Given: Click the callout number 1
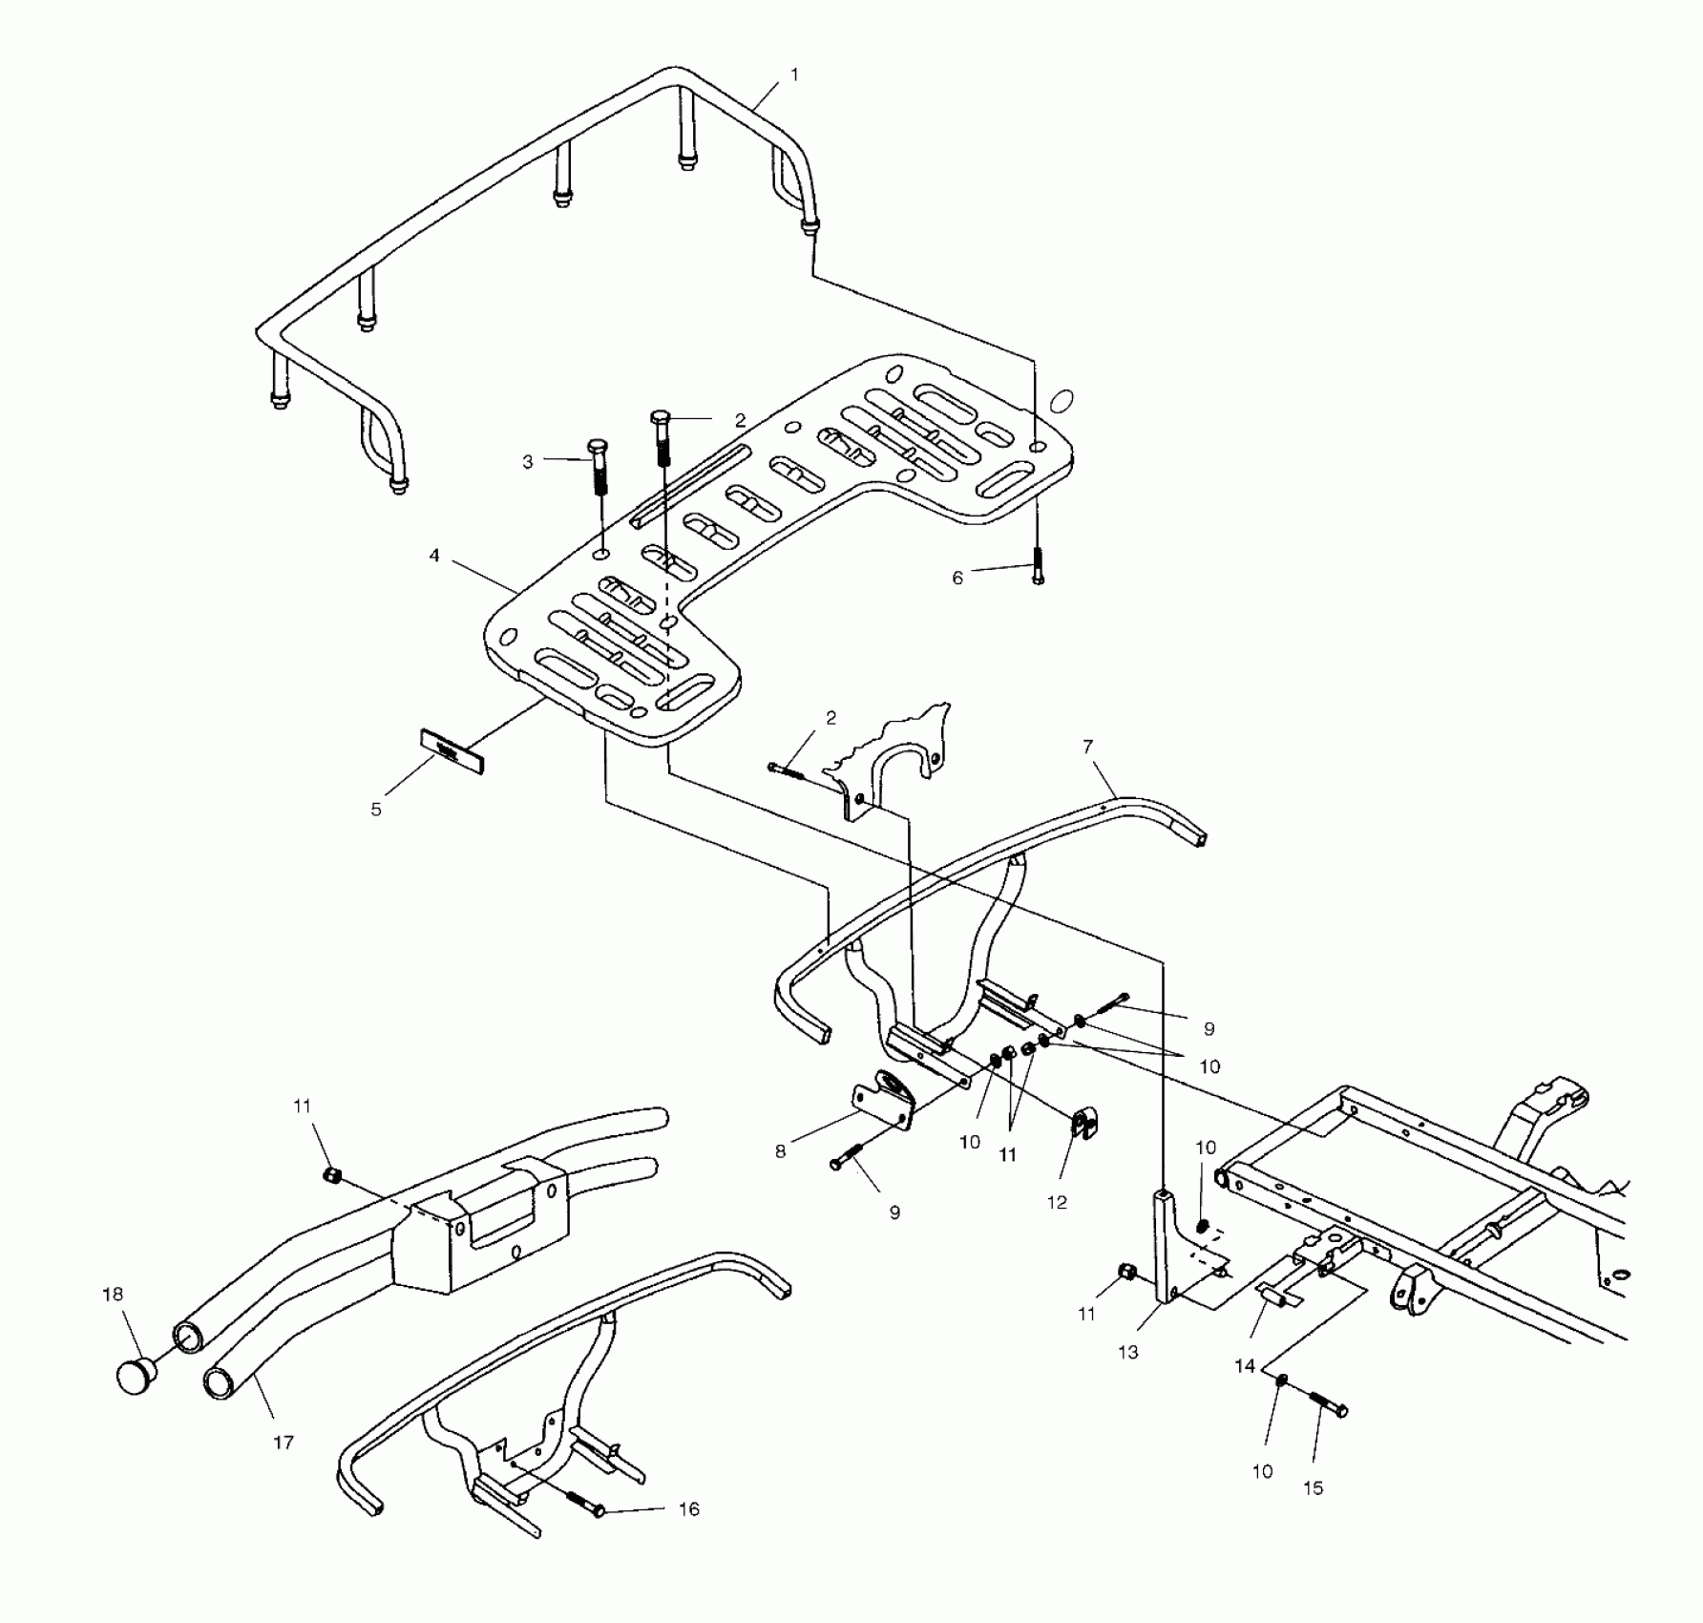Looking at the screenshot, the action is tap(794, 74).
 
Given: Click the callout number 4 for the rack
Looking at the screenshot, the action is tap(434, 555).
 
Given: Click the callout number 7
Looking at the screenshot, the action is tap(1088, 747).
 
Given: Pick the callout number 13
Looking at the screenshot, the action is tap(1128, 1352).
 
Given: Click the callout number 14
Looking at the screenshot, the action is tap(1245, 1366).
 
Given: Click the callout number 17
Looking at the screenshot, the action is tap(284, 1443).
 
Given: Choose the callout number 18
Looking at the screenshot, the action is tap(113, 1294).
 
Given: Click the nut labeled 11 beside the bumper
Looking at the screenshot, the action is tap(333, 1175).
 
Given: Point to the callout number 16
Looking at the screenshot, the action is tap(688, 1508).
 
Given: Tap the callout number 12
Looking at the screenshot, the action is tap(1058, 1202).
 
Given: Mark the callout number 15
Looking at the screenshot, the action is tap(1314, 1487).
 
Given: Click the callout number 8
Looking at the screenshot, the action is tap(781, 1151).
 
